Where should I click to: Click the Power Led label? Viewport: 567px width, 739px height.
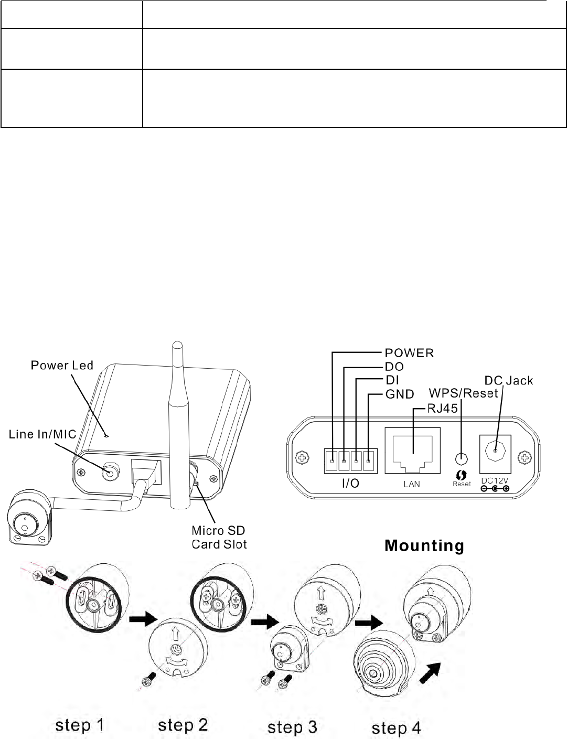[x=61, y=365]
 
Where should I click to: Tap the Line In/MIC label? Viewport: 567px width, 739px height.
[x=42, y=434]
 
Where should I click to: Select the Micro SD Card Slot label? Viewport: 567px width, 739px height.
[x=219, y=537]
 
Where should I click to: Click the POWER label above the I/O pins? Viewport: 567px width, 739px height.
[x=410, y=353]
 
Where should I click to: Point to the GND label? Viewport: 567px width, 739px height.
[x=400, y=394]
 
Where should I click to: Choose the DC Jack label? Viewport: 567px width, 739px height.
[x=508, y=380]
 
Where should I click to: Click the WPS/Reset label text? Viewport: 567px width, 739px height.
[x=463, y=393]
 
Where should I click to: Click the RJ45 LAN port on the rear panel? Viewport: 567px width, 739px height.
[x=412, y=451]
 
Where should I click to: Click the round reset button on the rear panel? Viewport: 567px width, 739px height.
[x=461, y=458]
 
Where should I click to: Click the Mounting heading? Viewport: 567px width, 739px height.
[x=424, y=546]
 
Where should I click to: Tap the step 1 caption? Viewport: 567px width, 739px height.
[x=80, y=726]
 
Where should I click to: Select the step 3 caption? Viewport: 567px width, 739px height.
[x=292, y=727]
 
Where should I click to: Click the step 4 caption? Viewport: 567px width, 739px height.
[x=396, y=728]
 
